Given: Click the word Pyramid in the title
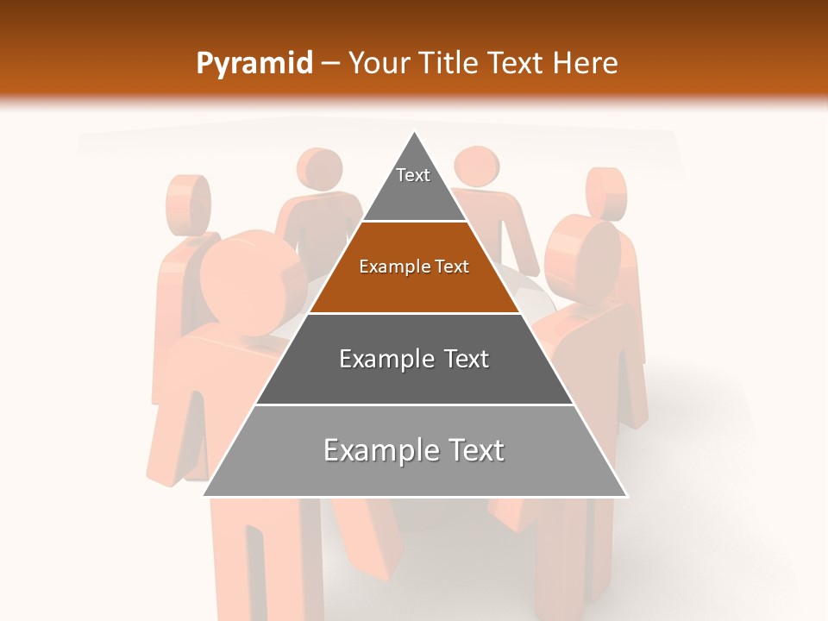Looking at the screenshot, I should coord(254,64).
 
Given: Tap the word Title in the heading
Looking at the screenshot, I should coord(449,63).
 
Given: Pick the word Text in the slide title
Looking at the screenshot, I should coord(517,63).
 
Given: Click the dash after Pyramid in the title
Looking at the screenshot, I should coord(330,64).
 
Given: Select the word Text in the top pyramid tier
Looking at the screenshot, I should coord(413,175).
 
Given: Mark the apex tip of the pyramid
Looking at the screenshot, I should coord(415,133).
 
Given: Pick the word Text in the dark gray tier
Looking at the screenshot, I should coord(467,359).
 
